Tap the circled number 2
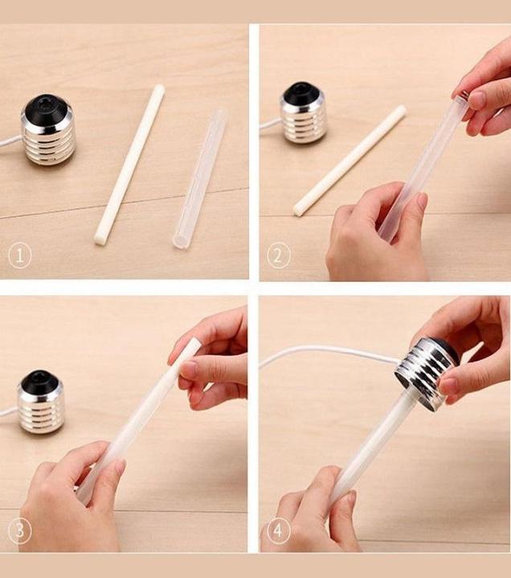coord(278,256)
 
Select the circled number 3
coord(19,531)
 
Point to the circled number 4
coord(278,531)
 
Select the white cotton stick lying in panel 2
coord(350,161)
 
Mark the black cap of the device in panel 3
coord(39,381)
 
